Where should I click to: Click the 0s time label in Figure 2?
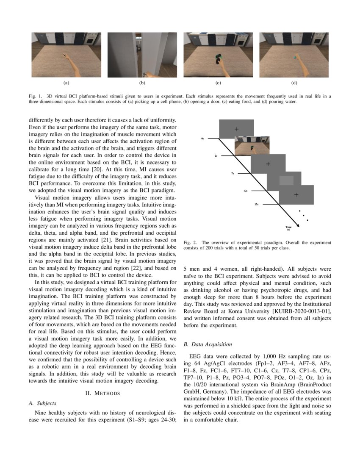[x=202, y=139]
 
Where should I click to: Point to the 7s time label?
[x=233, y=174]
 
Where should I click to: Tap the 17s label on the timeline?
[x=256, y=205]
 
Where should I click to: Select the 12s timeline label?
[x=245, y=191]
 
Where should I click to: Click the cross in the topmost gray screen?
[x=236, y=128]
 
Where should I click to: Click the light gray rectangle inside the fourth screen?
[x=287, y=181]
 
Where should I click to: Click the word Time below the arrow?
[x=288, y=227]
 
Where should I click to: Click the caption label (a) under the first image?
[x=66, y=83]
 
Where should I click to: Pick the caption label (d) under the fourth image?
[x=294, y=83]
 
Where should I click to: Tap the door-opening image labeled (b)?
[x=142, y=55]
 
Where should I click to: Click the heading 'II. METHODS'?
[x=102, y=393]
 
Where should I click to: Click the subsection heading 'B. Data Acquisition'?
[x=208, y=344]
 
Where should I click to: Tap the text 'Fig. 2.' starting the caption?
[x=189, y=243]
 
